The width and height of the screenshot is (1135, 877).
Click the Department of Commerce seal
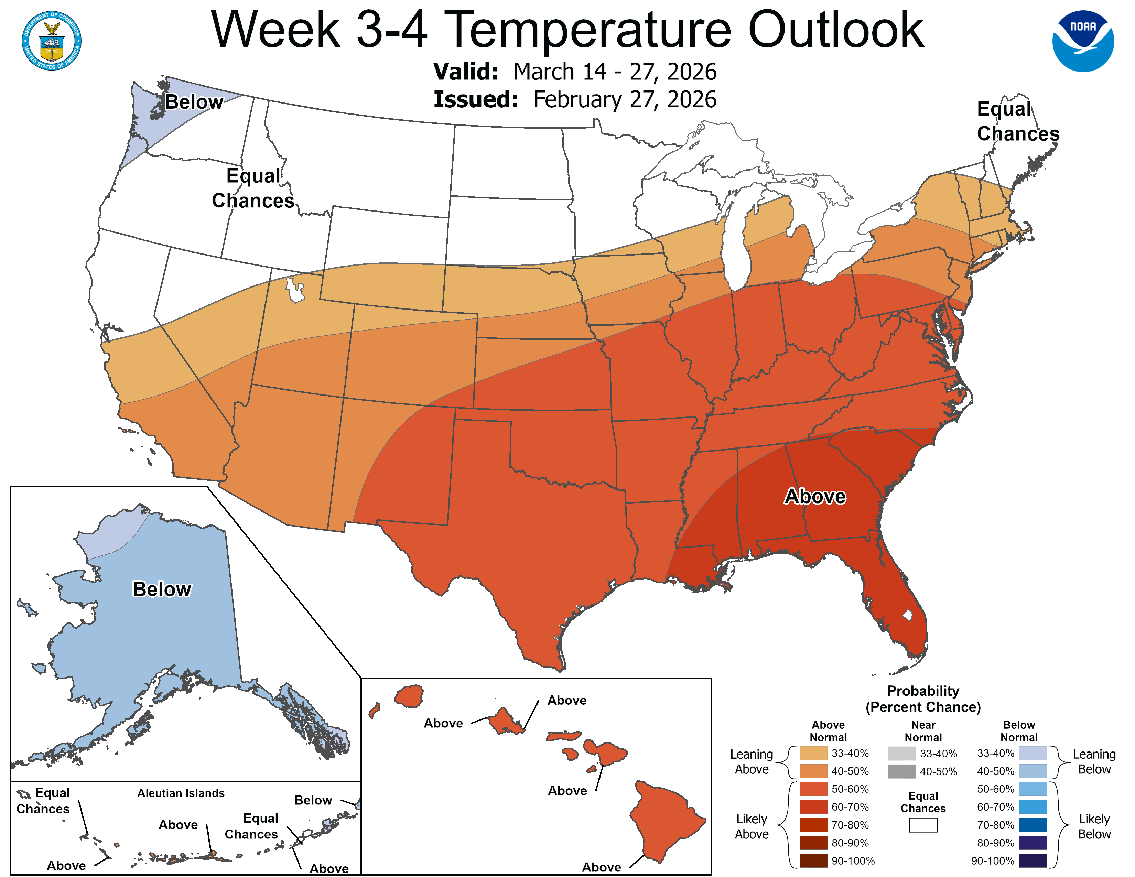pyautogui.click(x=52, y=41)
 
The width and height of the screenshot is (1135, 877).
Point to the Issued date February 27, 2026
pyautogui.click(x=625, y=99)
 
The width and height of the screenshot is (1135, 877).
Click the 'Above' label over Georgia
pyautogui.click(x=814, y=496)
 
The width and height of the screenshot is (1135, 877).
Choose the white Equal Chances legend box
pyautogui.click(x=923, y=825)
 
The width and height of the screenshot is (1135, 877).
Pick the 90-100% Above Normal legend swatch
pyautogui.click(x=813, y=861)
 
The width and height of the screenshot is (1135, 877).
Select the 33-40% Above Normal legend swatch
pyautogui.click(x=813, y=753)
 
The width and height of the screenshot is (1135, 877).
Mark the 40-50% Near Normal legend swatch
pyautogui.click(x=902, y=771)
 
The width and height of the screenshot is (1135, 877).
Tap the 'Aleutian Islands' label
pyautogui.click(x=181, y=793)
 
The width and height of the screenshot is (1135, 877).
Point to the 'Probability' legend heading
pyautogui.click(x=923, y=691)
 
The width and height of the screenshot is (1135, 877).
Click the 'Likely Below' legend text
pyautogui.click(x=1094, y=826)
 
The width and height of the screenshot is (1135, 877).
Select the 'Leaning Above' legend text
pyautogui.click(x=752, y=762)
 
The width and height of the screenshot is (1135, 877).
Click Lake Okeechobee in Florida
pyautogui.click(x=907, y=615)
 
